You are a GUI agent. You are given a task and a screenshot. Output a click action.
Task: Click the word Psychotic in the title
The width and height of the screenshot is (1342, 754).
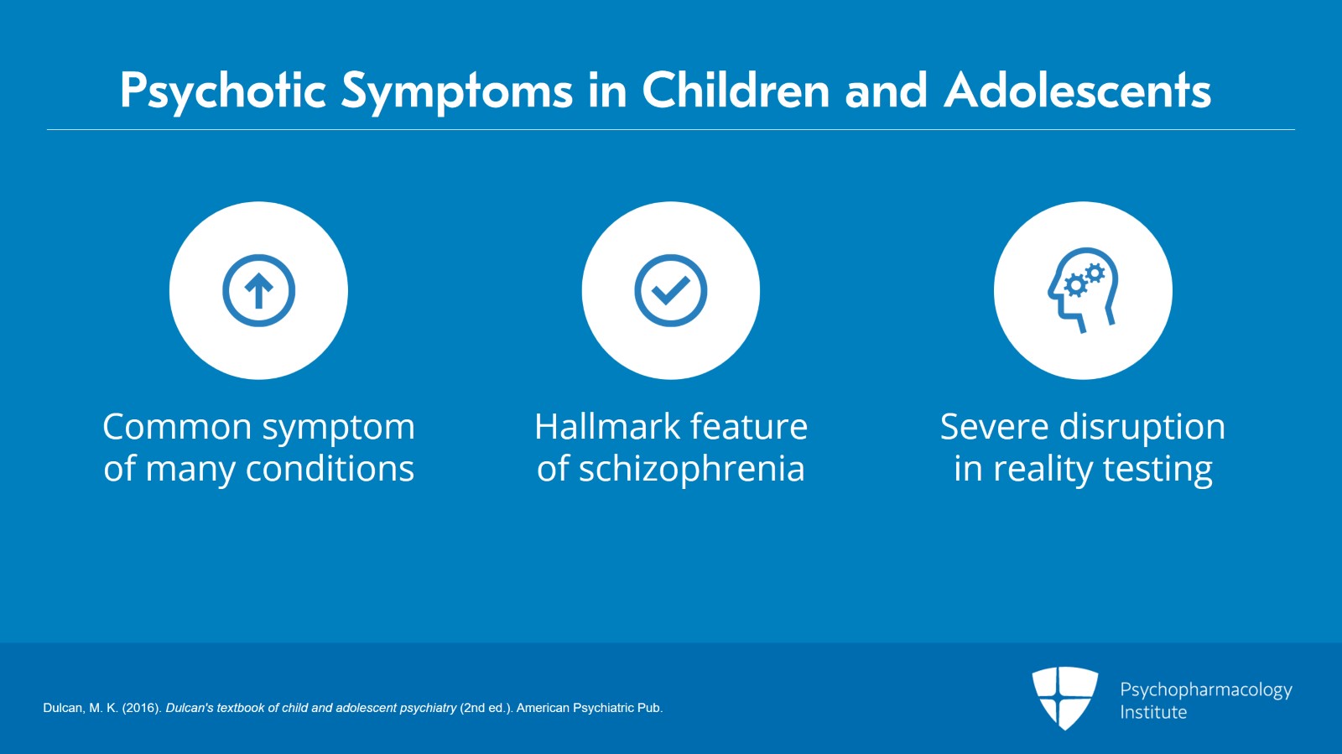[223, 91]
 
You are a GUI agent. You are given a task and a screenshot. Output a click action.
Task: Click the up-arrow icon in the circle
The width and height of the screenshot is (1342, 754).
[259, 290]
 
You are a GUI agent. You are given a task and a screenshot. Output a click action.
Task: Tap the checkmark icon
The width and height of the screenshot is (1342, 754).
[671, 290]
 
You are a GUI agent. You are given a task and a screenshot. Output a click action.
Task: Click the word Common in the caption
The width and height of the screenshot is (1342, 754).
[177, 427]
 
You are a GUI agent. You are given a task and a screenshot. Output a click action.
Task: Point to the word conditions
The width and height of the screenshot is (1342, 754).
[330, 468]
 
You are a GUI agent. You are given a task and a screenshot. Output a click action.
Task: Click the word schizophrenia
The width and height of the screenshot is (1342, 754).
[691, 469]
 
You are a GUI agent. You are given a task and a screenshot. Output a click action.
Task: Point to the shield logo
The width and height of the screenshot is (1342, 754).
[1064, 699]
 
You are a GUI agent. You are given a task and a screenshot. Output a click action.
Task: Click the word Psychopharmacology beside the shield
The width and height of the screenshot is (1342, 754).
[1206, 690]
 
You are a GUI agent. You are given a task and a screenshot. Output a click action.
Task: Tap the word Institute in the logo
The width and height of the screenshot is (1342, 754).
[1153, 712]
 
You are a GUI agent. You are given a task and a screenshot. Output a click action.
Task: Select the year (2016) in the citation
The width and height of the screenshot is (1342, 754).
[142, 708]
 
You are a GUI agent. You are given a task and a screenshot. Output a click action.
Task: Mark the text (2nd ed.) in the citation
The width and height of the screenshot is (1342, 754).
[486, 708]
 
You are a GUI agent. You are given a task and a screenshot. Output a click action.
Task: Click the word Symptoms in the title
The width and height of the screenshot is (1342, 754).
[457, 92]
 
